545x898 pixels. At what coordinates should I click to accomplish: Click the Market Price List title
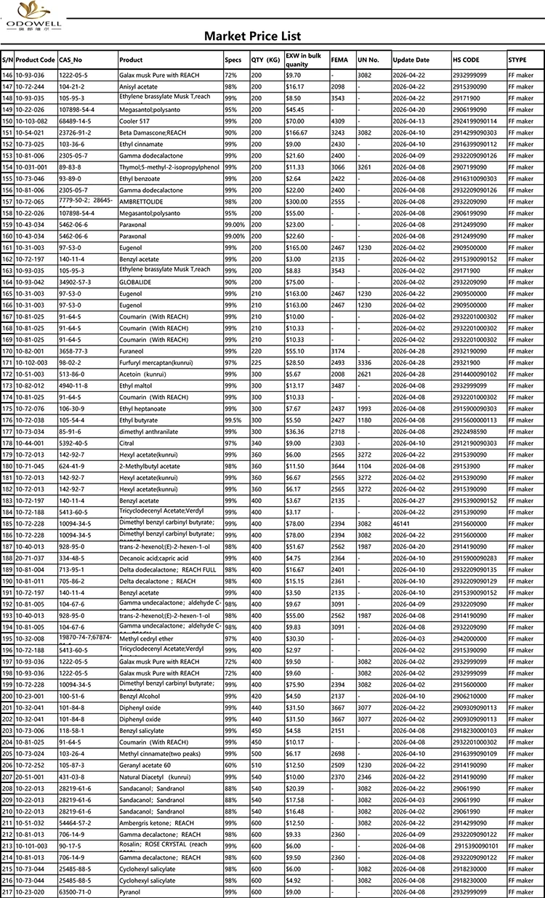pos(252,36)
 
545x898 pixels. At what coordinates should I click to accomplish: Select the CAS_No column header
pos(70,60)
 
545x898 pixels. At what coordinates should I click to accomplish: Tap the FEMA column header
pos(339,60)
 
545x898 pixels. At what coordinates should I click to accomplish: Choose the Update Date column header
pos(411,60)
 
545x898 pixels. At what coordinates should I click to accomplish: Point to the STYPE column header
pos(517,60)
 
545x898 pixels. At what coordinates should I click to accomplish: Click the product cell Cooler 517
pos(134,121)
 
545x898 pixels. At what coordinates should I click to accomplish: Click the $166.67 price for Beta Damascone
pos(296,132)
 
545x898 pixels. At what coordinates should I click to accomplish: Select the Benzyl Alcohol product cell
pos(139,696)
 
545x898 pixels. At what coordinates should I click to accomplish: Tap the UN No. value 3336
pos(364,362)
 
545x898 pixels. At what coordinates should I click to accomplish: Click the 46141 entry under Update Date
pos(403,524)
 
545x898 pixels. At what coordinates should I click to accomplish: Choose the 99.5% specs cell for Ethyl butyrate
pos(233,420)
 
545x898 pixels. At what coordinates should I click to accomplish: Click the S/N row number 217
pos(7,892)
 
